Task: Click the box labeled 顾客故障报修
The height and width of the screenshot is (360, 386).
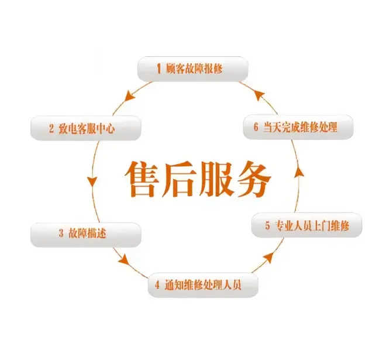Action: (x=193, y=69)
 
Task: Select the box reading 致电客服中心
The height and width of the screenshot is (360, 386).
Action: (x=86, y=128)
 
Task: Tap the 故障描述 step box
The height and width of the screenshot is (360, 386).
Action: (x=86, y=235)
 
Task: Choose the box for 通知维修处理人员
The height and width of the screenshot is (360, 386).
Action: (x=203, y=285)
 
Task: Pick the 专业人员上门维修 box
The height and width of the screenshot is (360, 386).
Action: (x=306, y=225)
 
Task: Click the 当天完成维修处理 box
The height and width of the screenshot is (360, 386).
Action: (x=298, y=128)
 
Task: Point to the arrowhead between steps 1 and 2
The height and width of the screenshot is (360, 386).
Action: (x=129, y=96)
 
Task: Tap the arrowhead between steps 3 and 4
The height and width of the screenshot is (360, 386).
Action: (x=124, y=260)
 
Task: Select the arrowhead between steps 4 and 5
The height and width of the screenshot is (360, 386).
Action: (x=268, y=257)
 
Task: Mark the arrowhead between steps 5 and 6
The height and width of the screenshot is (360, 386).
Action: (x=299, y=172)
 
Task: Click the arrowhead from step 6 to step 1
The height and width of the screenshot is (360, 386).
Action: (x=259, y=95)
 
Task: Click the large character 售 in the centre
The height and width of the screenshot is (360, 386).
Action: (x=142, y=179)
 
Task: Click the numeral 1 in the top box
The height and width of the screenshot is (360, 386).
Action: (x=158, y=68)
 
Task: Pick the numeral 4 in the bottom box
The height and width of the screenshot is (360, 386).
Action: (x=157, y=285)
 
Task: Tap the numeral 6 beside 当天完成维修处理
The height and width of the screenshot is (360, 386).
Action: (x=256, y=127)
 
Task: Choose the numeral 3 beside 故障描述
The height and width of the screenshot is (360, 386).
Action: (x=61, y=233)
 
